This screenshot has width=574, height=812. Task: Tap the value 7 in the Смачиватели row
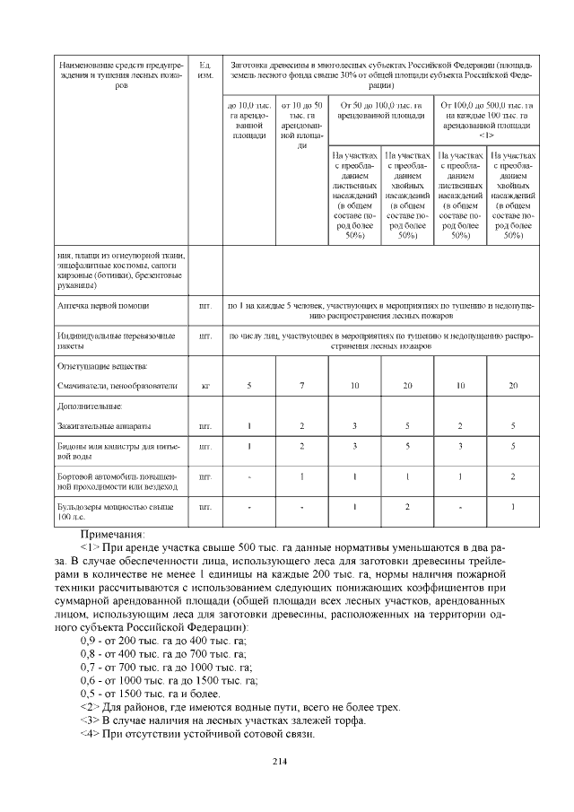(302, 386)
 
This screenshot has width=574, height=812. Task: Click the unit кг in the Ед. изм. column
(205, 386)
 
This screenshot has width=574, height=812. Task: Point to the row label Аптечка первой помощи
(100, 306)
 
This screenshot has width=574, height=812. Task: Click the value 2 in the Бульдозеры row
(407, 508)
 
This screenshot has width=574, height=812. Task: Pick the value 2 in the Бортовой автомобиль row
(513, 476)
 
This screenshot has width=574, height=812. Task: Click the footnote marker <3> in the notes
(89, 720)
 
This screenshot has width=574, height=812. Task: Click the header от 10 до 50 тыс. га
(302, 125)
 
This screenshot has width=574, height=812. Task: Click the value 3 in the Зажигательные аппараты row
(354, 424)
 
